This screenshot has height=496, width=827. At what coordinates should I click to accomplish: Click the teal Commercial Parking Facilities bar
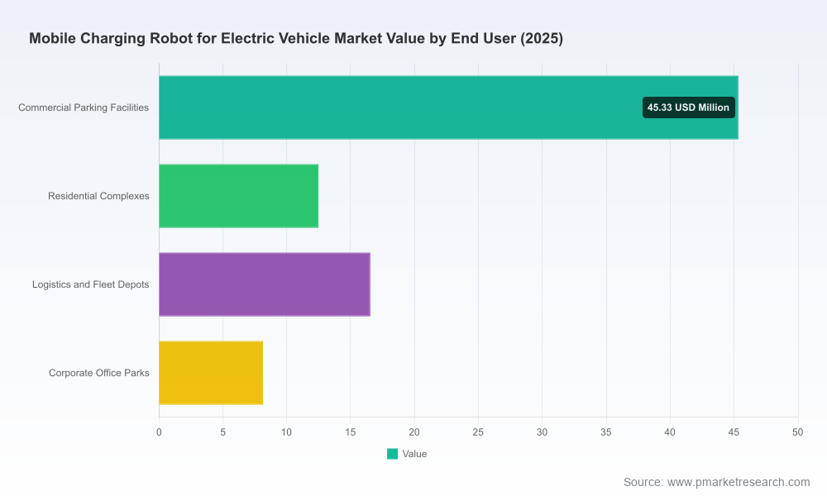[448, 107]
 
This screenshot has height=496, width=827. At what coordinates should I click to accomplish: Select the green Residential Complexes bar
[238, 196]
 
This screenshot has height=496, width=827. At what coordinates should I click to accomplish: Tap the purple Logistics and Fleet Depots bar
[265, 284]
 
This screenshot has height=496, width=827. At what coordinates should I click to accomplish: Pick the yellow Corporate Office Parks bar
[211, 373]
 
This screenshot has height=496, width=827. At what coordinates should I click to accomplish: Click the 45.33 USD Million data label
[688, 107]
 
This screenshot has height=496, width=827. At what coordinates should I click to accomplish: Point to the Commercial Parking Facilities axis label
[84, 107]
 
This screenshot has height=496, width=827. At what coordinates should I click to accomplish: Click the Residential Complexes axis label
[98, 196]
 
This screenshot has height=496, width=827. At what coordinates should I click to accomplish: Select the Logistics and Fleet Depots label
[91, 284]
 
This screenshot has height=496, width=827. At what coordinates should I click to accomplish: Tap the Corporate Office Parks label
[99, 373]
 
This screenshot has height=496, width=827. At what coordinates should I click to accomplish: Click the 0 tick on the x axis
[160, 432]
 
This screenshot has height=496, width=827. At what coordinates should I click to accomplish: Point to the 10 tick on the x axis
[286, 432]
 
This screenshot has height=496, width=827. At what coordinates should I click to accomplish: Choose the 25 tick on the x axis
[478, 432]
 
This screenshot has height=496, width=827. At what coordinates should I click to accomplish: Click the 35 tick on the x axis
[606, 432]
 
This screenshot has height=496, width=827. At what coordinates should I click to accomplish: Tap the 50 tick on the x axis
[797, 432]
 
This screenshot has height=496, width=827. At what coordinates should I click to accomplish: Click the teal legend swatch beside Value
[392, 454]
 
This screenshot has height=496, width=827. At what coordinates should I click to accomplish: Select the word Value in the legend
[414, 454]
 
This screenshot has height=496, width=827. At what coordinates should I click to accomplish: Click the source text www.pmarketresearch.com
[739, 482]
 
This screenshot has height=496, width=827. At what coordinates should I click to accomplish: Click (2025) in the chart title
[542, 39]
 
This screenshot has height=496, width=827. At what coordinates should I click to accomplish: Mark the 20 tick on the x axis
[414, 432]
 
